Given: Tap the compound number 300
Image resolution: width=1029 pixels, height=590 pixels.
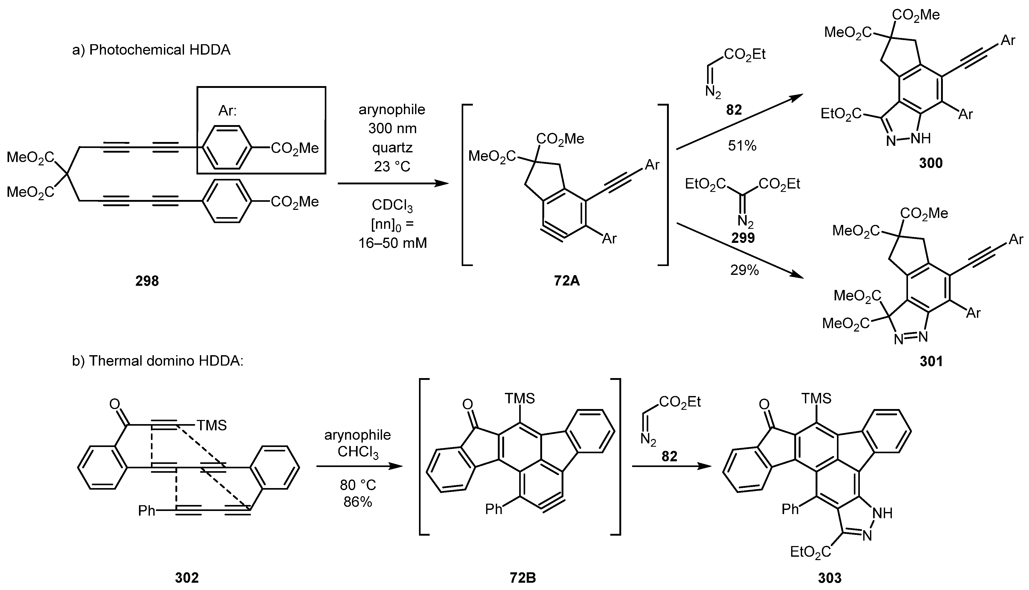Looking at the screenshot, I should click(930, 163).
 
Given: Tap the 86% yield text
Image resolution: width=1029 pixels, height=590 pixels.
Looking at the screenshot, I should click(358, 502).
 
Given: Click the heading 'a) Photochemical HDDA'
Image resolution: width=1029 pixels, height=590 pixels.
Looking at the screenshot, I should click(151, 50).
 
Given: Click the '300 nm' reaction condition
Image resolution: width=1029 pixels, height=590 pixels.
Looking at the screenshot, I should click(392, 128).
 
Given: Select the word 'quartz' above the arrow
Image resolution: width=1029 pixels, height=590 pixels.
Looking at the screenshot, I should click(392, 147).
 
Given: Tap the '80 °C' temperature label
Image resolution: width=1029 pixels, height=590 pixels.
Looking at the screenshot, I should click(358, 485).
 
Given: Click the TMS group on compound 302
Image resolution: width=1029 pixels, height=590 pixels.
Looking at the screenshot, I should click(212, 425).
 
